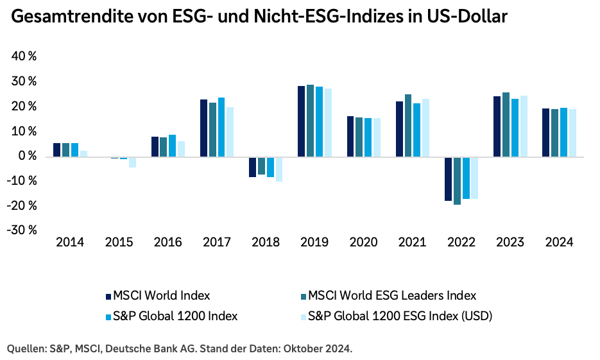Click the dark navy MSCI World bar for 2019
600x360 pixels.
(x=301, y=121)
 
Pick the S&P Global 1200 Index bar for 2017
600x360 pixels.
(x=221, y=127)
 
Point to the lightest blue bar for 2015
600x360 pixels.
(x=133, y=162)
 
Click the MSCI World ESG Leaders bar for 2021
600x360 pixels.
(x=408, y=125)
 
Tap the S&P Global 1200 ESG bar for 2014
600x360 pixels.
(x=84, y=153)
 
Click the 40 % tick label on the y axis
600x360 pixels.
(x=24, y=56)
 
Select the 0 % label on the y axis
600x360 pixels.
(x=28, y=156)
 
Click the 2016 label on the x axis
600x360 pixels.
(x=167, y=243)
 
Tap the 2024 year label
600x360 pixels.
(x=558, y=243)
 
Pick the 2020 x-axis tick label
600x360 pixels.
(x=363, y=243)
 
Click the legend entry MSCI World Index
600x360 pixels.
(x=161, y=296)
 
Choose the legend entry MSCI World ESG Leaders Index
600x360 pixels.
(x=392, y=296)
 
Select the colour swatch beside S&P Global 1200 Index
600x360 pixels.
(x=108, y=316)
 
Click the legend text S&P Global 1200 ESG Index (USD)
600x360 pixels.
(x=400, y=316)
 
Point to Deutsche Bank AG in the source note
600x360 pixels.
(x=150, y=348)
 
